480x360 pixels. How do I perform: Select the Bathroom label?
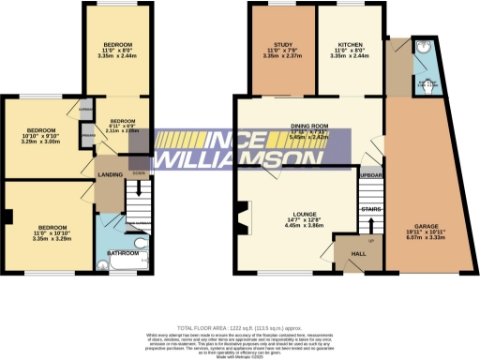coord(122,253)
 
